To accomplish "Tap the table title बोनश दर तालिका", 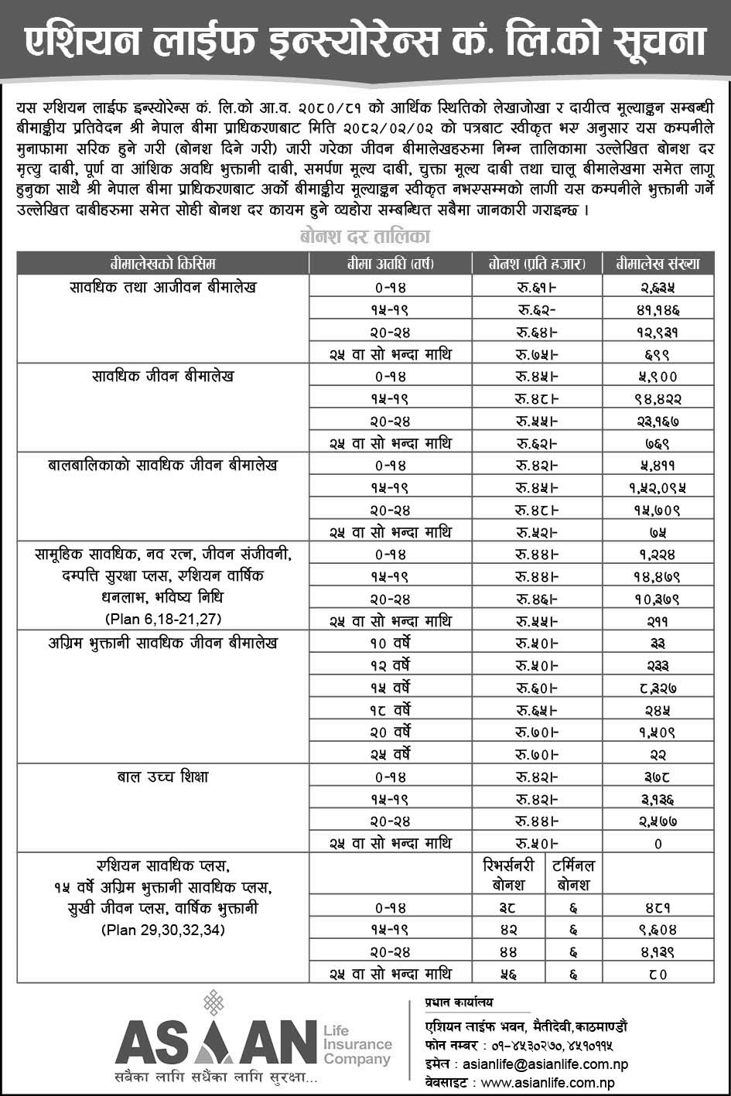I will (364, 235).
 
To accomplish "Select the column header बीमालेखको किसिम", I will (162, 264).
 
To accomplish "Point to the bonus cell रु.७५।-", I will (538, 354).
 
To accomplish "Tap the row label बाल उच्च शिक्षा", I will (162, 777).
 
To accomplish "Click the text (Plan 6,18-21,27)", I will (162, 619).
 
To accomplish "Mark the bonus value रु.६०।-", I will (538, 688).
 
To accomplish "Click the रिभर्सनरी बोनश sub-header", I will (504, 874).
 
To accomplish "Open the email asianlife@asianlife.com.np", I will (541, 1065).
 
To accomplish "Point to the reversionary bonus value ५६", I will (504, 974).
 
